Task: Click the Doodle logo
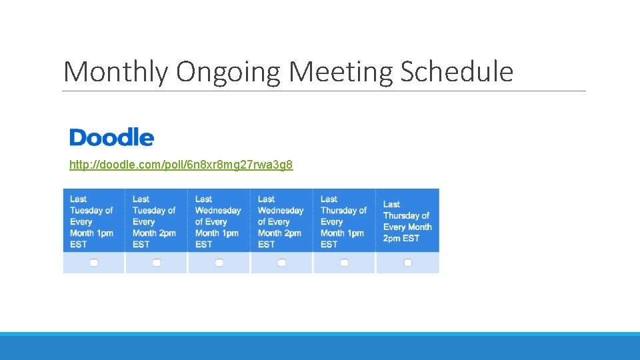coord(111,137)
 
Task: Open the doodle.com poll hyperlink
coord(181,165)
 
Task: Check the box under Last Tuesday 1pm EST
coord(94,263)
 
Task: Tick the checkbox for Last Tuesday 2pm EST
coord(157,263)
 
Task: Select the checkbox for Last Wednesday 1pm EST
coord(219,263)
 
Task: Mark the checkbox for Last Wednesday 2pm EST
coord(282,263)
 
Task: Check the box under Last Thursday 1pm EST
coord(345,263)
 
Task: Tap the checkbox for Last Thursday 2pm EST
coord(408,263)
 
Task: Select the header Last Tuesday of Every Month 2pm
coord(154,221)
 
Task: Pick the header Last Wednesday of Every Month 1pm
coord(217,221)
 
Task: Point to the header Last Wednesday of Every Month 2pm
coord(280,221)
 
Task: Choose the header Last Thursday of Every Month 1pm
coord(343,221)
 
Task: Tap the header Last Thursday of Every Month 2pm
coord(407,221)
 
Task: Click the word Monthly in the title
coord(115,72)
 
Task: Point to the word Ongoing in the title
coord(228,72)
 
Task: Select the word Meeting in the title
coord(339,72)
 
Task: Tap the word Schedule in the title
coord(457,72)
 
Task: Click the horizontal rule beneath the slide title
coord(324,91)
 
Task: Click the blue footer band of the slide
coord(320,347)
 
